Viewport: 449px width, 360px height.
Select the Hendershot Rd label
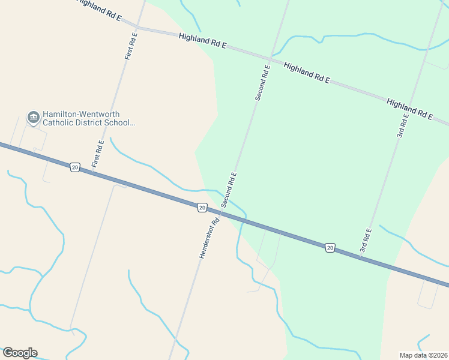tap(209, 238)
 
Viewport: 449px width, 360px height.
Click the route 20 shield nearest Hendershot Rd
tap(202, 207)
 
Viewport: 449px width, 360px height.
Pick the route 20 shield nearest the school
tap(74, 167)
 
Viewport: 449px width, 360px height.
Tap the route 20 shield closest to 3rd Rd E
tap(330, 247)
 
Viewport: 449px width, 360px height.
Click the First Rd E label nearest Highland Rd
tap(131, 45)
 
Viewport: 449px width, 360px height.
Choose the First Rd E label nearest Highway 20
tap(98, 154)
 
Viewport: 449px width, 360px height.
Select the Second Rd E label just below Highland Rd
tap(262, 83)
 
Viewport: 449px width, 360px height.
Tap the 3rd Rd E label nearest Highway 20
tap(366, 240)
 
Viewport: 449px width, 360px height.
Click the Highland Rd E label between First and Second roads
tap(202, 40)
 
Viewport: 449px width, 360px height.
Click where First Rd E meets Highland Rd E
tap(137, 27)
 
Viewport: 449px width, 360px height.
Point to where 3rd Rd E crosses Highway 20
tap(360, 258)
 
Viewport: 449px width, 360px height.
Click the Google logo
tap(20, 353)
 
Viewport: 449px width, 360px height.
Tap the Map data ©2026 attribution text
tap(423, 355)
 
